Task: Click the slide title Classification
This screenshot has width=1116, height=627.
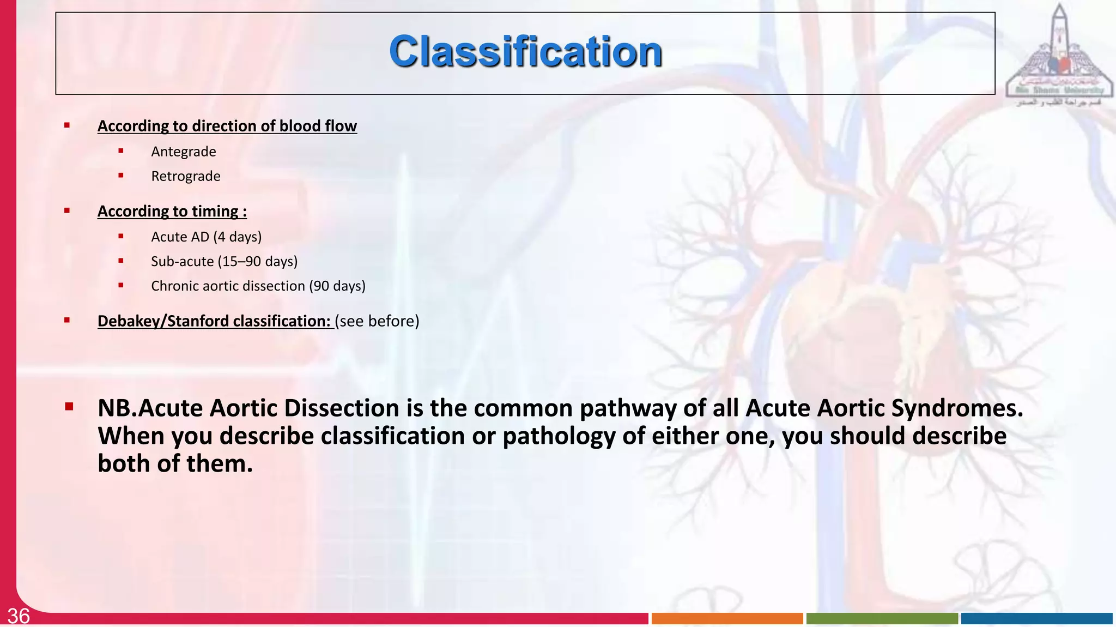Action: point(525,52)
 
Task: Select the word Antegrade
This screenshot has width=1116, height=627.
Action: point(183,152)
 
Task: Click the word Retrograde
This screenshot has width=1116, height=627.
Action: point(185,176)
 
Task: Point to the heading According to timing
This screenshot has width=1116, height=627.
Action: point(172,211)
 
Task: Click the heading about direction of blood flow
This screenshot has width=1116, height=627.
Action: point(227,126)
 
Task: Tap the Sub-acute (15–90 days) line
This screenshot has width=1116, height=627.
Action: point(224,261)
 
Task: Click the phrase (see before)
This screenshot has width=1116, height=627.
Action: point(377,321)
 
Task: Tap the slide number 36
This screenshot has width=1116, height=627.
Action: point(19,616)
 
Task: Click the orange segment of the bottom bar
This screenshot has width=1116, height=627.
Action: point(727,618)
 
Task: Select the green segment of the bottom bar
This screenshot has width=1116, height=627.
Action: point(882,618)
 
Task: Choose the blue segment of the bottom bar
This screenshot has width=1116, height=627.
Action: point(1036,618)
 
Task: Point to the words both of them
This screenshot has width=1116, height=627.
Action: point(175,463)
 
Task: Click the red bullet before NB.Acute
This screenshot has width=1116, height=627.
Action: point(69,406)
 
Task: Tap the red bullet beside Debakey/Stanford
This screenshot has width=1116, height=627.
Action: point(67,320)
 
